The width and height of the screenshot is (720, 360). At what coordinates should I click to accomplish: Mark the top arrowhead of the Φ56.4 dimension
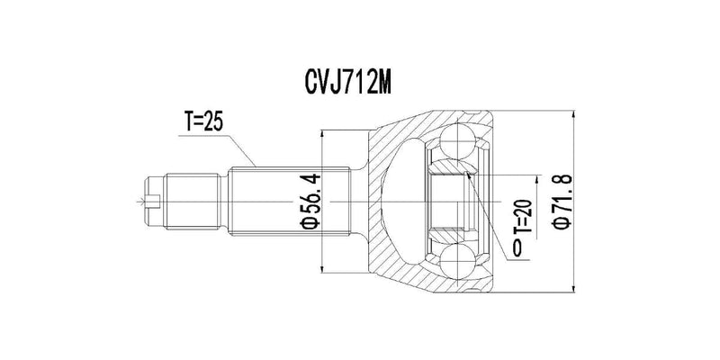coord(321,135)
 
